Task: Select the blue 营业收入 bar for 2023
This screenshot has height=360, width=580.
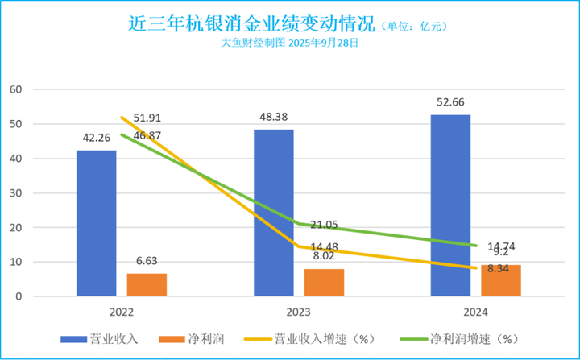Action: click(273, 213)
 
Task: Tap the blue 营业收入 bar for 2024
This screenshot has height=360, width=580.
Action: click(450, 205)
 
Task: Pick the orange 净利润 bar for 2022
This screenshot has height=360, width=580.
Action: click(147, 284)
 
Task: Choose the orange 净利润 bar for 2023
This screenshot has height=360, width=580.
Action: click(324, 282)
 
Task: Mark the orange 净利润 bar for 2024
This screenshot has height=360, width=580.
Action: click(500, 280)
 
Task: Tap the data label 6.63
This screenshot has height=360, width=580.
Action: click(147, 260)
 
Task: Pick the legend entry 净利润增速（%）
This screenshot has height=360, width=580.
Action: click(470, 339)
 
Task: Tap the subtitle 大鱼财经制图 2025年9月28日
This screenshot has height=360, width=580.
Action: click(289, 43)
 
